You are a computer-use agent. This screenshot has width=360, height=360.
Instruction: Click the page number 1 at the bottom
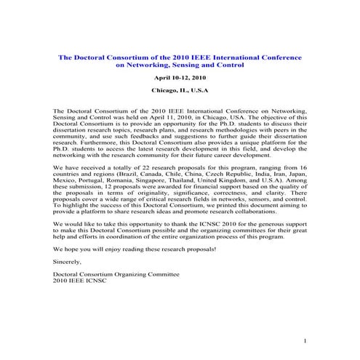(305, 341)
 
